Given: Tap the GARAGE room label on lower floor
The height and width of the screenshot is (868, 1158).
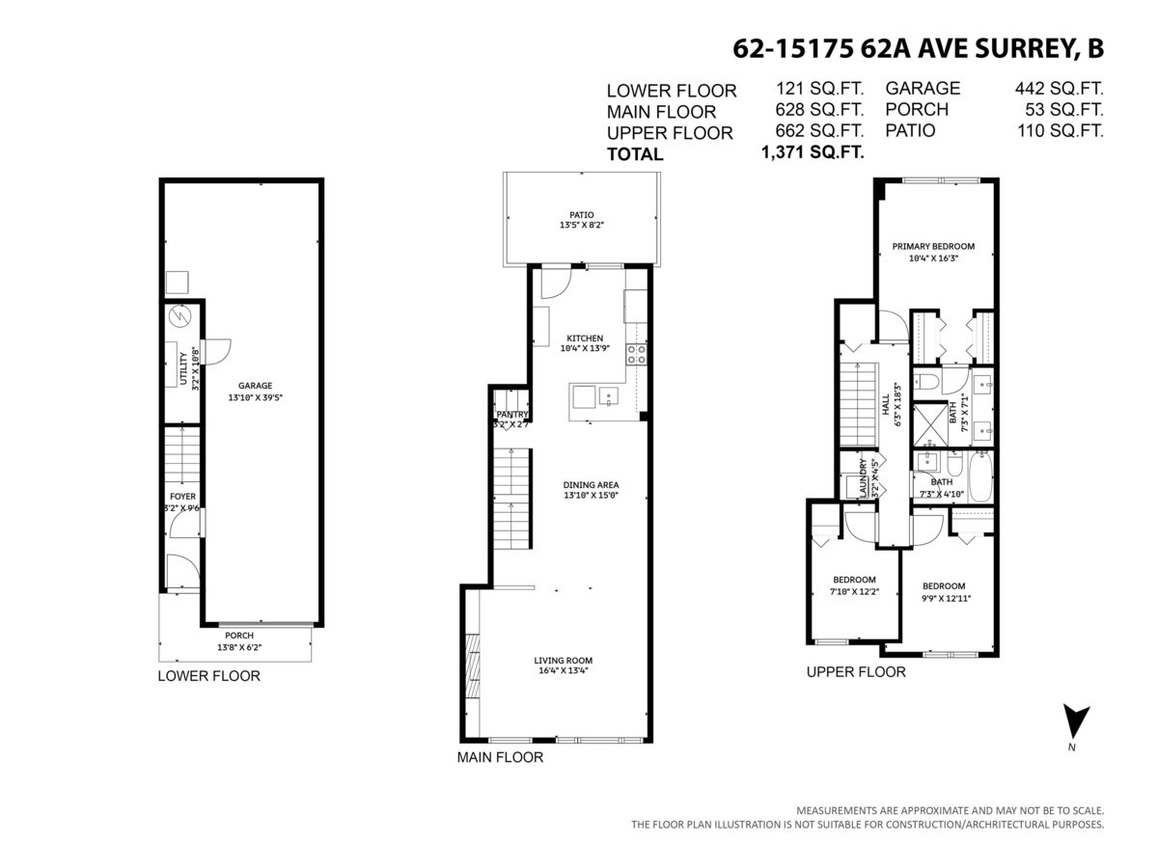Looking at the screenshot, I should coord(256,385).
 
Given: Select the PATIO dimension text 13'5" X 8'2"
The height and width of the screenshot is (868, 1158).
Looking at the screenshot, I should coord(581,225).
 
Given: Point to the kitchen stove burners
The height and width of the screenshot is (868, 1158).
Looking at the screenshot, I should coord(637,354).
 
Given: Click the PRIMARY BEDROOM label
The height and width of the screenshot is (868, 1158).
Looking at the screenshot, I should coord(933,246).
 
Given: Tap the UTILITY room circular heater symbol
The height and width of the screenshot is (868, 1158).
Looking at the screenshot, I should coord(179,316).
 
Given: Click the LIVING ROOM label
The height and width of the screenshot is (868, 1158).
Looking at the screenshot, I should coord(563,661).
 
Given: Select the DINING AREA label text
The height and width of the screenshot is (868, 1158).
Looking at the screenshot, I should coord(592,484).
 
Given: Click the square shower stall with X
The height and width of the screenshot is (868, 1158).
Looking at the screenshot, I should coord(929,424).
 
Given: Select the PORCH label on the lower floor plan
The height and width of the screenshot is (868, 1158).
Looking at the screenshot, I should coord(238,636).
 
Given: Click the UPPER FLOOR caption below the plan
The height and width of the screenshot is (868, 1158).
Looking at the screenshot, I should coord(856,672).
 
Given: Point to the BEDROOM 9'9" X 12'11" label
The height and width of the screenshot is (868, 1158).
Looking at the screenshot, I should coord(943,586).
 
